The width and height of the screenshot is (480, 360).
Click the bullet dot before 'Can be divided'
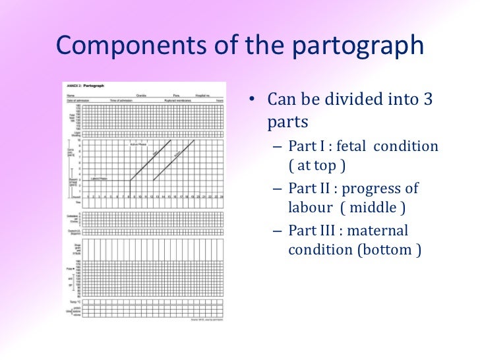click(x=251, y=101)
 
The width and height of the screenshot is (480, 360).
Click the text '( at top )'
click(x=313, y=165)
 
